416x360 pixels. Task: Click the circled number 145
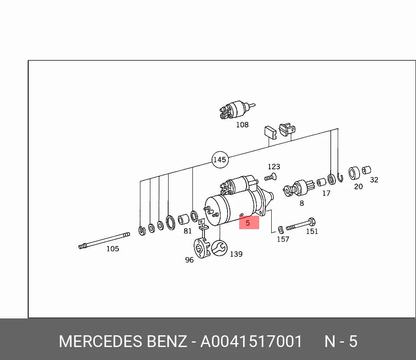[x=220, y=159]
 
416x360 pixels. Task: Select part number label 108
[x=242, y=125]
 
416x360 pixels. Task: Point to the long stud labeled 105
[x=104, y=241]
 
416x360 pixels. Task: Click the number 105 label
[x=113, y=249]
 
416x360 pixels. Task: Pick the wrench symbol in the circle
[x=219, y=248]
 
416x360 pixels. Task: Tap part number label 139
[x=236, y=254]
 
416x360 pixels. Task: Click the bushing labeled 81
[x=183, y=219]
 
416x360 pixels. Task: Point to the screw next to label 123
[x=270, y=177]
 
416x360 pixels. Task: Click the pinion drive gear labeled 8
[x=299, y=188]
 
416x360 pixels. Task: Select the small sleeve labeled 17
[x=321, y=182]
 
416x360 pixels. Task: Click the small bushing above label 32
[x=367, y=170]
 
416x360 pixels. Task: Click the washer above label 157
[x=281, y=230]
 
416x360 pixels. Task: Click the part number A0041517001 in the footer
[x=251, y=341]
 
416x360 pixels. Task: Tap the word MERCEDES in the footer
[x=100, y=341]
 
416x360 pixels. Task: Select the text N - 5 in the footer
[x=341, y=341]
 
